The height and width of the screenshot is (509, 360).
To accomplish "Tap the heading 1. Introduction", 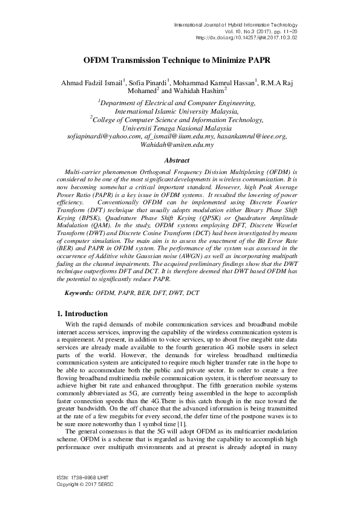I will click(82, 314).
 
